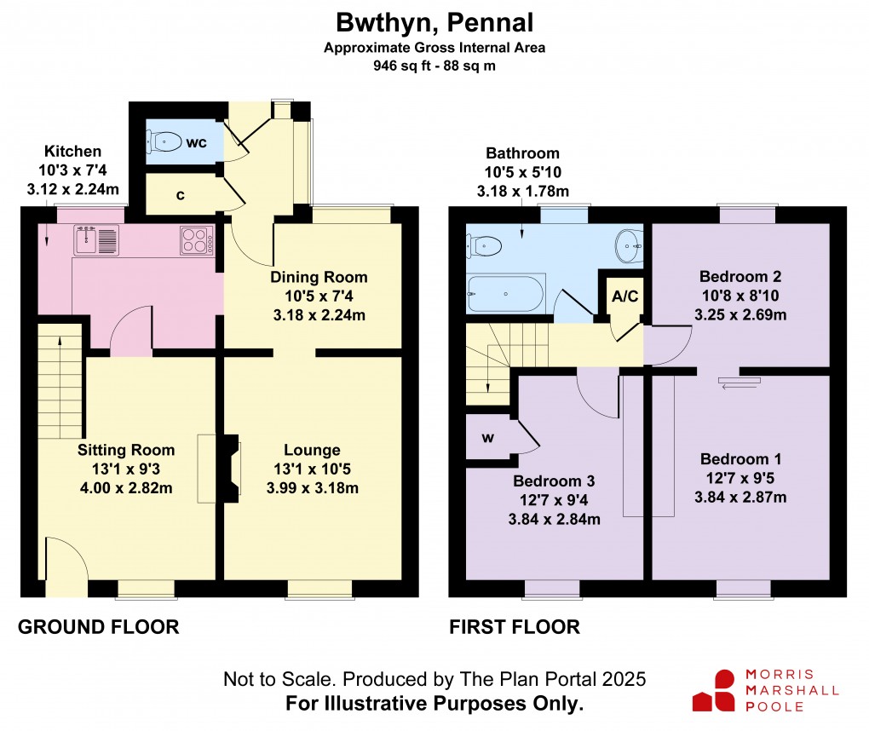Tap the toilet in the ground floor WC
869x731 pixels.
tap(164, 141)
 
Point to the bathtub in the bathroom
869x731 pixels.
tap(505, 294)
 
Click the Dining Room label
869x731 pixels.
tap(319, 277)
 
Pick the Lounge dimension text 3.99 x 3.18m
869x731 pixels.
tap(312, 488)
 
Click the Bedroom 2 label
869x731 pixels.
tap(740, 277)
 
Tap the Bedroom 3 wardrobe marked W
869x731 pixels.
tap(487, 438)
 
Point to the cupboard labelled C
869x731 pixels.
tap(180, 195)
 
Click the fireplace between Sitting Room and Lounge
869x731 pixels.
tap(229, 468)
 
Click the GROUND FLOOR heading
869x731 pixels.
tap(99, 628)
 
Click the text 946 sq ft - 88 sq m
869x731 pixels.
tap(434, 65)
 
